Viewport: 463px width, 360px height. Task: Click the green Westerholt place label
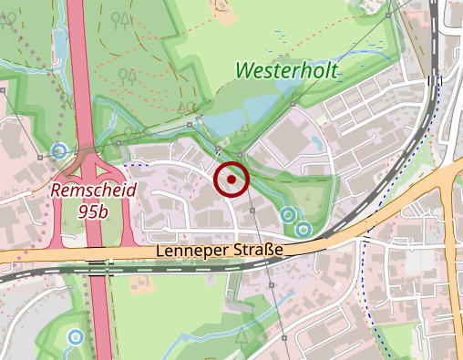[x=287, y=69]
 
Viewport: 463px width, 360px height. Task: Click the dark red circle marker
[x=231, y=180]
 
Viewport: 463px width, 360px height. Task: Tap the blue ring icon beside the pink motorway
[x=60, y=150]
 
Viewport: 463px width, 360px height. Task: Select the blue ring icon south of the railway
[x=75, y=338]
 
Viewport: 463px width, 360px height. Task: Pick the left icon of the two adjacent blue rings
[x=288, y=215]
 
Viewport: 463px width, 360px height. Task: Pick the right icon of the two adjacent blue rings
[x=304, y=227]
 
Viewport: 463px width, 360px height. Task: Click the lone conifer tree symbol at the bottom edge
[x=243, y=339]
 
